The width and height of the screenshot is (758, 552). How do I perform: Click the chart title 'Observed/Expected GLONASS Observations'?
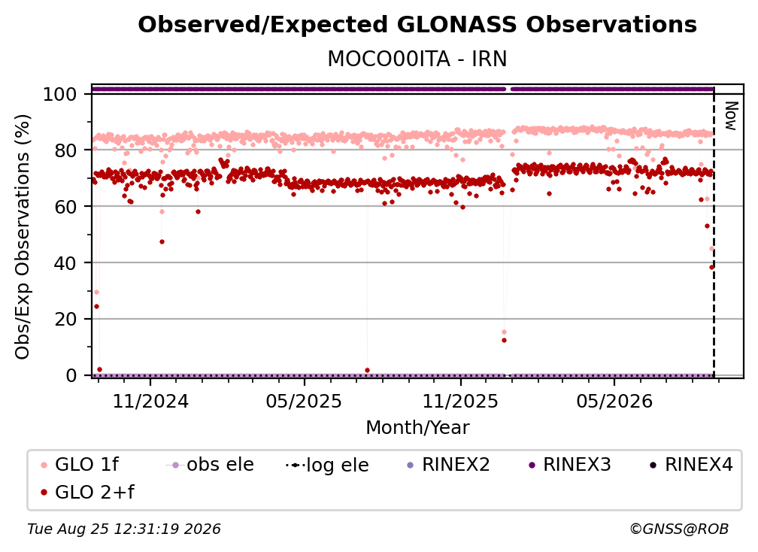click(x=417, y=25)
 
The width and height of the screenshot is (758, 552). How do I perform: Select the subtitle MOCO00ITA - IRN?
click(x=417, y=59)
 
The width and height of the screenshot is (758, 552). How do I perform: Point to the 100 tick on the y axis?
click(x=60, y=94)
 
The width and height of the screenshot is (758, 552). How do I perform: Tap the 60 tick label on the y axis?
click(x=65, y=207)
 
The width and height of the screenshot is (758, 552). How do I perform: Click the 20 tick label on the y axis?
click(x=65, y=320)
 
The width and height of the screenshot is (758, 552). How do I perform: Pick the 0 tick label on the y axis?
click(x=71, y=375)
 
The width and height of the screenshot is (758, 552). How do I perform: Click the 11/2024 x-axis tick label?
click(x=150, y=401)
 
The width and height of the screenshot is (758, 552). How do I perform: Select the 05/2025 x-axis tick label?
click(x=304, y=401)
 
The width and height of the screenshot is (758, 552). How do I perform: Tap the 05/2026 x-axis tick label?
click(x=614, y=401)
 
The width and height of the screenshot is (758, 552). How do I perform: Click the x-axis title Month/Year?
click(x=417, y=428)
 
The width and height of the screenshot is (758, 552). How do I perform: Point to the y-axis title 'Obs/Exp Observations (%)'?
click(x=23, y=237)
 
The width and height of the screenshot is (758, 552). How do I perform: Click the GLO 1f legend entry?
click(x=80, y=465)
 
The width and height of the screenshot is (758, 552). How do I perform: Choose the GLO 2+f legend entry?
click(x=87, y=492)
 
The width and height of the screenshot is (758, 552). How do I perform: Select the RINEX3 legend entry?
click(x=571, y=465)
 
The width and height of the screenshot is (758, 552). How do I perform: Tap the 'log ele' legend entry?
click(x=327, y=465)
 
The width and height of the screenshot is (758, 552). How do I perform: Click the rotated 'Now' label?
click(x=730, y=116)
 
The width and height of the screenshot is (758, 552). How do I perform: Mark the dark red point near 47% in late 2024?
click(x=162, y=241)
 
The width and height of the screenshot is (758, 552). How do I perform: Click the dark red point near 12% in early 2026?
click(x=504, y=340)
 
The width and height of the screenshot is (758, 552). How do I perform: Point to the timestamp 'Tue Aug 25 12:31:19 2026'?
click(x=124, y=529)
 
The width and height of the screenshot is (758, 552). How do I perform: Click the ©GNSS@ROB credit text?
click(x=679, y=529)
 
